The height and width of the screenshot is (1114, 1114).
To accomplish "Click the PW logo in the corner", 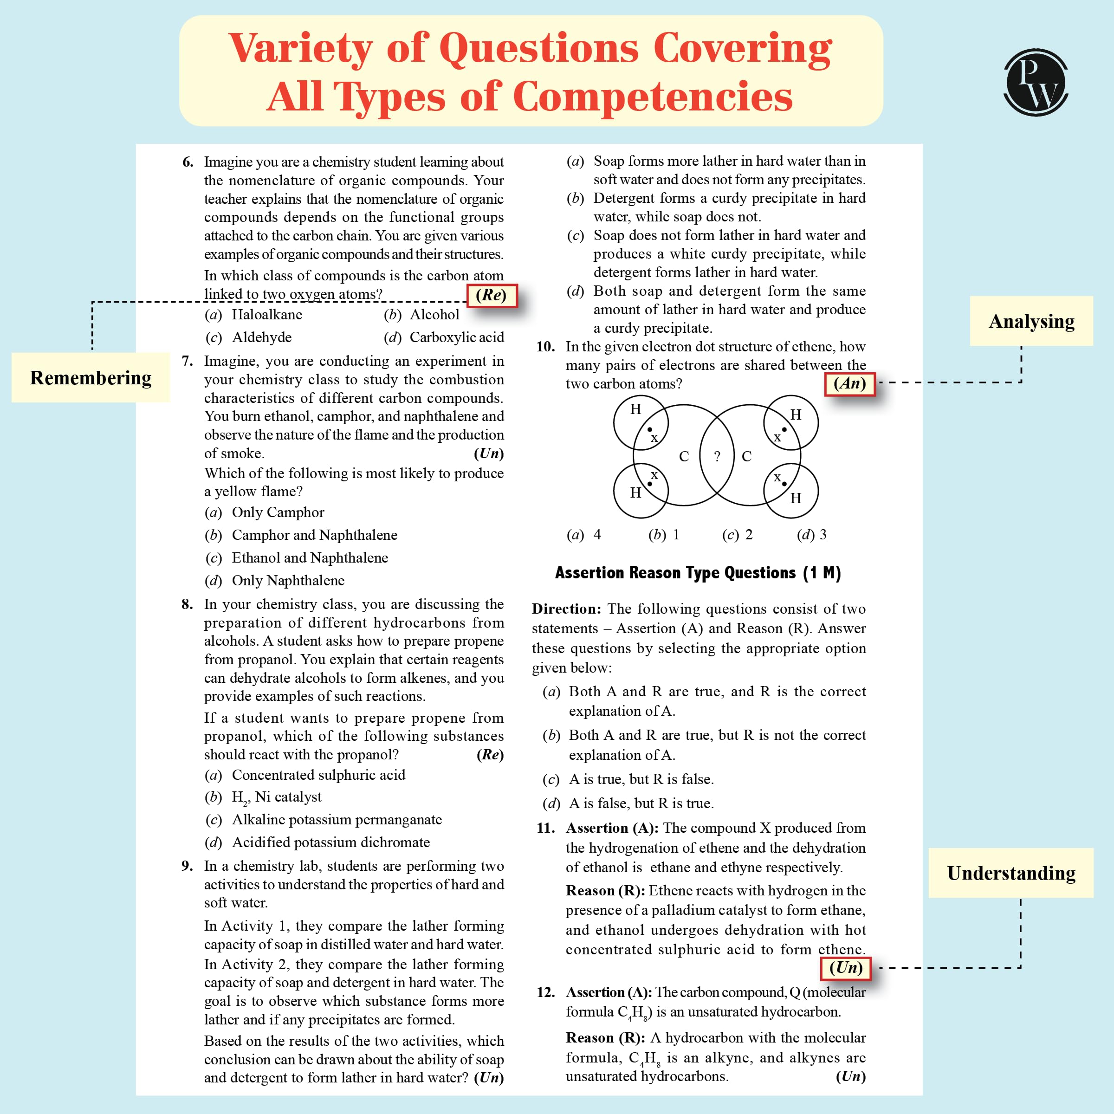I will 1036,83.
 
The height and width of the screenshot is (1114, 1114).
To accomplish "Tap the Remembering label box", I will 91,378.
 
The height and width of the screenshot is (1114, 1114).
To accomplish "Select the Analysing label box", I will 1031,321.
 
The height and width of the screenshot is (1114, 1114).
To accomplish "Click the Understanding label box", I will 1011,873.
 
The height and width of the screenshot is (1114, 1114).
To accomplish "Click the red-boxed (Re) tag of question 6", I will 491,295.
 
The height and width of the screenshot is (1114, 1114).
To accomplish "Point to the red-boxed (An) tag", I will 849,383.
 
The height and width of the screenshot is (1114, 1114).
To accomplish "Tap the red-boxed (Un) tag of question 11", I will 845,967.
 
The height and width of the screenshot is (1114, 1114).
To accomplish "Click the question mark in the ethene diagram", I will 717,456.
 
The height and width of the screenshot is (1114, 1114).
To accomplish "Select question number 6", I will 188,162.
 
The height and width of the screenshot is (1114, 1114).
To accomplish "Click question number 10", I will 545,347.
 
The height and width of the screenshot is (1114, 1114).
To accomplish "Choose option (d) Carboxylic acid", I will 444,337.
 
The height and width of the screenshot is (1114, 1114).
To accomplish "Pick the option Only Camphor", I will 278,512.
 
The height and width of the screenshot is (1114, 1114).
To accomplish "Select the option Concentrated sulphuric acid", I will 318,775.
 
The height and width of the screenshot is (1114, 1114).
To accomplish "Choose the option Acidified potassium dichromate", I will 330,842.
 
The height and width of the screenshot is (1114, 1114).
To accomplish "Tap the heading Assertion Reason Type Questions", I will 698,573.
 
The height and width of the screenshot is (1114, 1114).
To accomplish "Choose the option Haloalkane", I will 266,315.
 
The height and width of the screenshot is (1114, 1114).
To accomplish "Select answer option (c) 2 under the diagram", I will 738,535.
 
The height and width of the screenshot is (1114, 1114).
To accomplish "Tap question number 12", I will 545,992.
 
